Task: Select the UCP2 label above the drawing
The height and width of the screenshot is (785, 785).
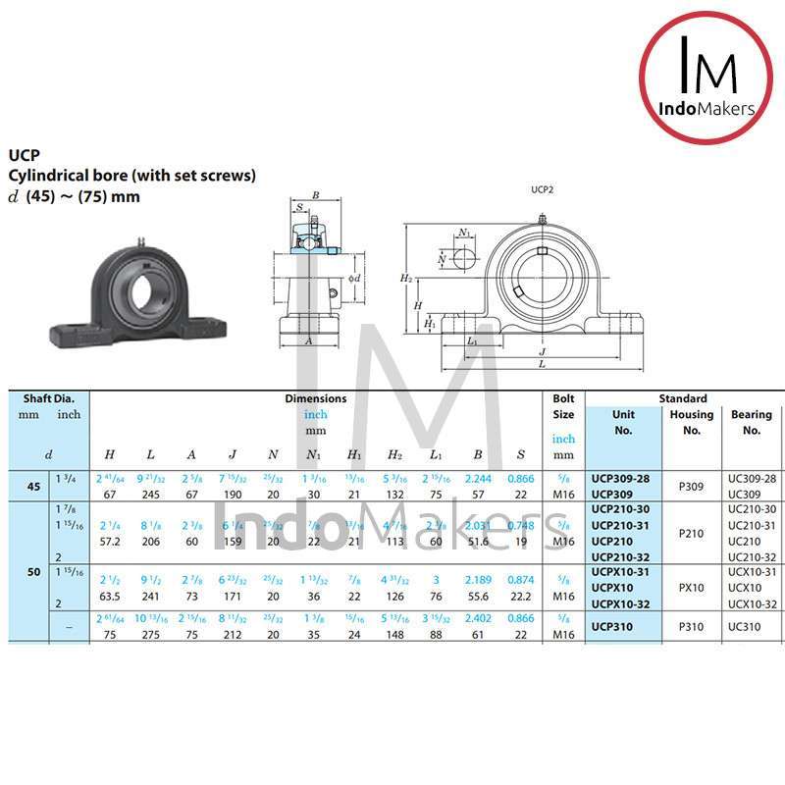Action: [x=542, y=189]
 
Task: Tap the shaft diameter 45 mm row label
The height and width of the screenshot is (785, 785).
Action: [x=32, y=486]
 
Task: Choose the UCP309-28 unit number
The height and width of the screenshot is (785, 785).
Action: [x=620, y=478]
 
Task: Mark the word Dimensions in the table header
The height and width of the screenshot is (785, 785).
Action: [x=315, y=399]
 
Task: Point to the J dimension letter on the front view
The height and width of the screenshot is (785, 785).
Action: [x=542, y=351]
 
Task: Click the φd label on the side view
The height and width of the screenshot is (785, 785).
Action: [x=355, y=278]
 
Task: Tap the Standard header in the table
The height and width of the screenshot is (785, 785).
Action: [x=683, y=399]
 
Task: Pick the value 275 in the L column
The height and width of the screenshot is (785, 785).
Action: [x=150, y=635]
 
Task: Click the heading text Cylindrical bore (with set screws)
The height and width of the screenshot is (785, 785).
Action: [x=132, y=176]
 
